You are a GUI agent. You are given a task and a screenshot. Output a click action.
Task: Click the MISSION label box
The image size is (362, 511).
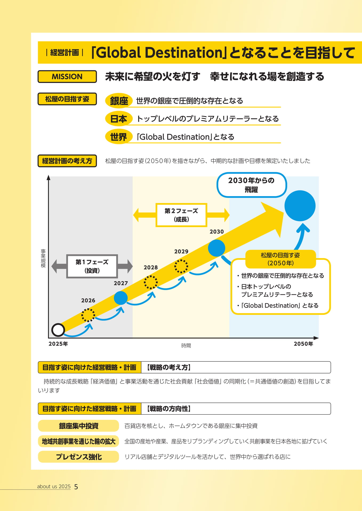tap(67, 77)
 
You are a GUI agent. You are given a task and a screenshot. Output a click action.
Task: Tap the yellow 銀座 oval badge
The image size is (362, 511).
tap(119, 101)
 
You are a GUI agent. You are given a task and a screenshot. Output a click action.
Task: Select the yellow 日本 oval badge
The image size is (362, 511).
tap(119, 119)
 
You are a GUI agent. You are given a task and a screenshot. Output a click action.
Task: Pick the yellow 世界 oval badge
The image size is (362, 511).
tap(119, 137)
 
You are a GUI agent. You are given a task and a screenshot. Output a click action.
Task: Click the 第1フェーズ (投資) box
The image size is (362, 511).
tap(92, 266)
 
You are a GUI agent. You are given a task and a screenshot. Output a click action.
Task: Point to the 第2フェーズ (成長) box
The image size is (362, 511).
tap(181, 215)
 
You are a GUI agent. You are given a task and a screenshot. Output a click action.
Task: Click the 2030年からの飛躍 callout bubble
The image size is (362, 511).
tap(252, 185)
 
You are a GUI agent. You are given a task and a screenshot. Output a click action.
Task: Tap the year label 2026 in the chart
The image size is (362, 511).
tap(88, 300)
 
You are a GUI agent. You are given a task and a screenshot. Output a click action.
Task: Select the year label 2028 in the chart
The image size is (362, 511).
tap(151, 267)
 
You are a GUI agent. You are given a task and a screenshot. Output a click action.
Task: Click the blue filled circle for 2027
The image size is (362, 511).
tap(121, 298)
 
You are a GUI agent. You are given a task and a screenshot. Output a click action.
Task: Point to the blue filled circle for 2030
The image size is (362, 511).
tap(216, 248)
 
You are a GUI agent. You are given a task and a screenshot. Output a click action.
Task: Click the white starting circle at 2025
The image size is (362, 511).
tap(58, 330)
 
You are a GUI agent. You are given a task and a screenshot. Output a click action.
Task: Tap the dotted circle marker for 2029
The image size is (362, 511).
tap(181, 266)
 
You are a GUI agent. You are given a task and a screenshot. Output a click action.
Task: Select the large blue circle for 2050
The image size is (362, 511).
tap(300, 206)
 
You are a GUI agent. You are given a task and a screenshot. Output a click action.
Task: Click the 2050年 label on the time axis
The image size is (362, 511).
tap(303, 344)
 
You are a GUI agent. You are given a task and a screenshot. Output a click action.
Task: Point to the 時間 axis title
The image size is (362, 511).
tap(186, 345)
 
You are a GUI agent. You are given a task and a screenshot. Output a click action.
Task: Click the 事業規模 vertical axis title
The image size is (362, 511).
tap(43, 258)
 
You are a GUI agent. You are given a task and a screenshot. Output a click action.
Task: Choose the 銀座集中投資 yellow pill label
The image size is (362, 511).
tap(78, 426)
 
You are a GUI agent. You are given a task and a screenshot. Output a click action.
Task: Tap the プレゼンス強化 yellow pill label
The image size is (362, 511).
tap(78, 457)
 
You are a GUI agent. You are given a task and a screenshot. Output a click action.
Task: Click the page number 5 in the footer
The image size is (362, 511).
tap(76, 487)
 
